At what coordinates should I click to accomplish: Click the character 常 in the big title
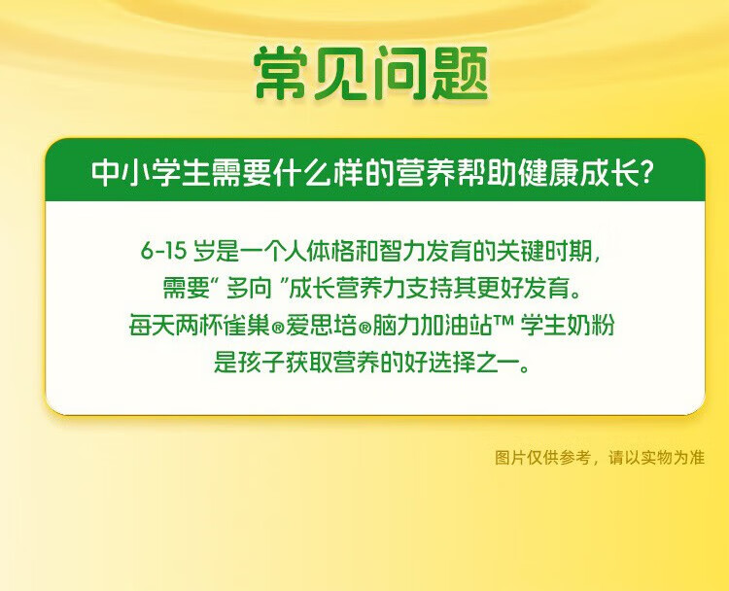pos(281,74)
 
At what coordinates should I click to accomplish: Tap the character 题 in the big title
pos(460,74)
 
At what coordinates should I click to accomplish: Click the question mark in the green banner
pos(645,172)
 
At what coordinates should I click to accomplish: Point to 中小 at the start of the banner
pos(121,172)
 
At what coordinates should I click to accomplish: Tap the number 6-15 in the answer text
pos(163,251)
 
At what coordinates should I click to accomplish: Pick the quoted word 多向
pos(249,289)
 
